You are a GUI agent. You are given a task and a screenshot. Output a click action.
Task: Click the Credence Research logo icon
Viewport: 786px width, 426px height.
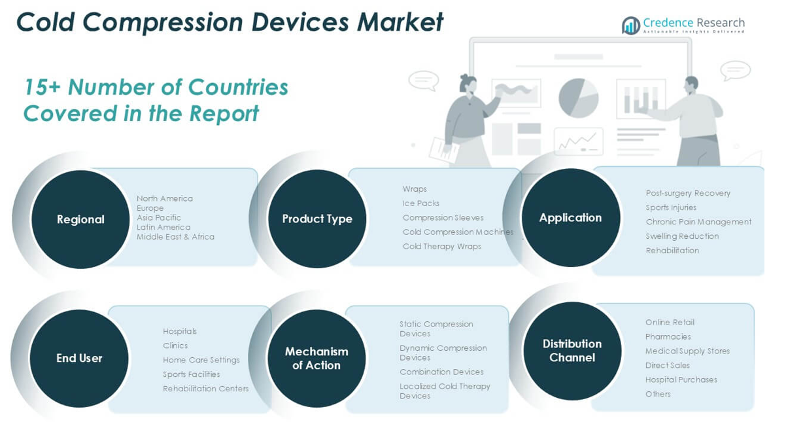pos(631,26)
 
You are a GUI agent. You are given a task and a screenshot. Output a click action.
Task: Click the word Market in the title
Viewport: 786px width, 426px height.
pos(400,22)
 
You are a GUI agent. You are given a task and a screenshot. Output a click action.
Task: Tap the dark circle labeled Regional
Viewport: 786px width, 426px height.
pos(80,219)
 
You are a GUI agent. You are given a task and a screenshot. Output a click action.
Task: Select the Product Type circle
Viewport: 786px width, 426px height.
pos(317,219)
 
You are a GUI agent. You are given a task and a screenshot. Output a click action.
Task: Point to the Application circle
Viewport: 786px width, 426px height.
pos(571,218)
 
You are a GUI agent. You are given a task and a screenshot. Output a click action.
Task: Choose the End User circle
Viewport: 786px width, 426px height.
pos(79,358)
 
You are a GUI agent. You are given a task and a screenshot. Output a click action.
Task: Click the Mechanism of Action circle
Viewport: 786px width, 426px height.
pos(316,358)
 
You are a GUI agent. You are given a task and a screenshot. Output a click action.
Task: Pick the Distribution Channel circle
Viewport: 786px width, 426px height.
pos(572,351)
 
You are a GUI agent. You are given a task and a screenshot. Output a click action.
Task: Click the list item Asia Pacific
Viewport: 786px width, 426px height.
pos(159,218)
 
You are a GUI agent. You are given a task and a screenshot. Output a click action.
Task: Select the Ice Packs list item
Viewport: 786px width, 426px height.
pos(421,204)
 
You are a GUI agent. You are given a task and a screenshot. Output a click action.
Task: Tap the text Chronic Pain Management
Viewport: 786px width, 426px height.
pos(698,222)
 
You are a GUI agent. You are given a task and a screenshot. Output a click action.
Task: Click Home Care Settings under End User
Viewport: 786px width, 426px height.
pos(201,360)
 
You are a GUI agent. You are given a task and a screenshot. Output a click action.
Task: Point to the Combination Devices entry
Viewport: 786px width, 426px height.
pos(441,372)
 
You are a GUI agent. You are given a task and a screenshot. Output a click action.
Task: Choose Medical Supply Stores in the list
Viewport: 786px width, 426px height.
pos(687,351)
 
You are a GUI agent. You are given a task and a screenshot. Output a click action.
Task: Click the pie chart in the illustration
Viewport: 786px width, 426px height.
pos(578,98)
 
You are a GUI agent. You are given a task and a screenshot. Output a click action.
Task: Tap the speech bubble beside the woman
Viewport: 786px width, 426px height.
pos(424,80)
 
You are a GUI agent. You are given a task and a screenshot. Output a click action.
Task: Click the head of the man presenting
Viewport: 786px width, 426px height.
pos(691,84)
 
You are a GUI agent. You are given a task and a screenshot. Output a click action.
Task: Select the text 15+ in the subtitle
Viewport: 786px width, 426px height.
pos(42,87)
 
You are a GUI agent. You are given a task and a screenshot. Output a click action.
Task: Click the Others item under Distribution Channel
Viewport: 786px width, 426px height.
pos(658,394)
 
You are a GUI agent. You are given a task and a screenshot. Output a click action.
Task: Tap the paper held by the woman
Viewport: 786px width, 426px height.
pos(444,150)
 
